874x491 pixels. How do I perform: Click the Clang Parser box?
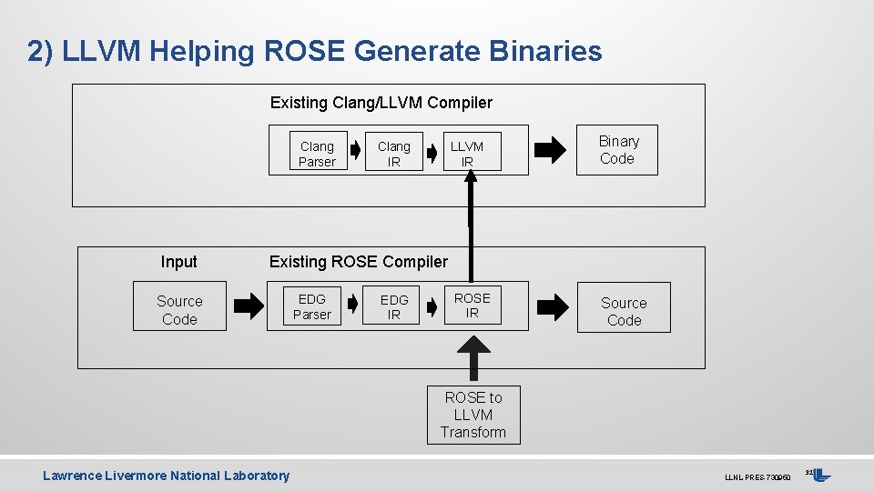coord(317,154)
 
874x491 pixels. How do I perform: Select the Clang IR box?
coord(393,154)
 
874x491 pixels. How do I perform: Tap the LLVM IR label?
coord(467,154)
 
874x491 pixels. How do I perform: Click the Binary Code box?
coord(618,150)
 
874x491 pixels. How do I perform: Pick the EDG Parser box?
coord(311,306)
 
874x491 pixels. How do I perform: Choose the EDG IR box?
coord(394,306)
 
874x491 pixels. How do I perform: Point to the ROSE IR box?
coord(472,306)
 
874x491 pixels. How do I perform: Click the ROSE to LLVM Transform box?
coord(473,415)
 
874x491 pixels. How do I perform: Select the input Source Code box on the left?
coord(179,310)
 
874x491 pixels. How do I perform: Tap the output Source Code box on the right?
coord(624,311)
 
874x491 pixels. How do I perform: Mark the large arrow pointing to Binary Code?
coord(549,151)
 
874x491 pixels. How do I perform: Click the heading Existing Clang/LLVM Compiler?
coord(381,103)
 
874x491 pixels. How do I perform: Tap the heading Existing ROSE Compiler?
coord(358,262)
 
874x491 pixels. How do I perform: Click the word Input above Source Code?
coord(178,262)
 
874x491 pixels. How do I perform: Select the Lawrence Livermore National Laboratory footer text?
coord(166,476)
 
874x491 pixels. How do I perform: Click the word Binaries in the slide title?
coord(545,51)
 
